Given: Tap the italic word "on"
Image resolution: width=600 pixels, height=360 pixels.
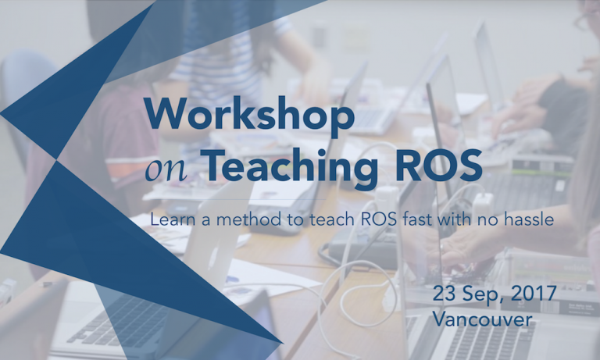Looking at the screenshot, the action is click(166, 170).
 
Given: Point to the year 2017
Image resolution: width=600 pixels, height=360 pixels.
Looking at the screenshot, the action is click(534, 294).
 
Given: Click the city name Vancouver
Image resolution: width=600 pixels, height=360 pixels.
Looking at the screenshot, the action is click(483, 319).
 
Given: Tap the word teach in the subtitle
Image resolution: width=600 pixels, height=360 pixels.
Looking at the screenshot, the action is click(332, 219).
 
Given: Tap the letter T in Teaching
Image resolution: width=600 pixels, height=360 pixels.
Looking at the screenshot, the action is click(216, 165).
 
